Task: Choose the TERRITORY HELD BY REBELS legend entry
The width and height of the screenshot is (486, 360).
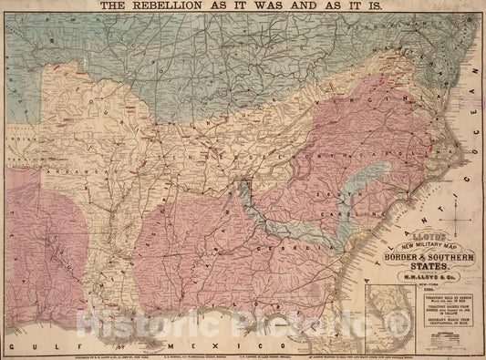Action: (x=446, y=298)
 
